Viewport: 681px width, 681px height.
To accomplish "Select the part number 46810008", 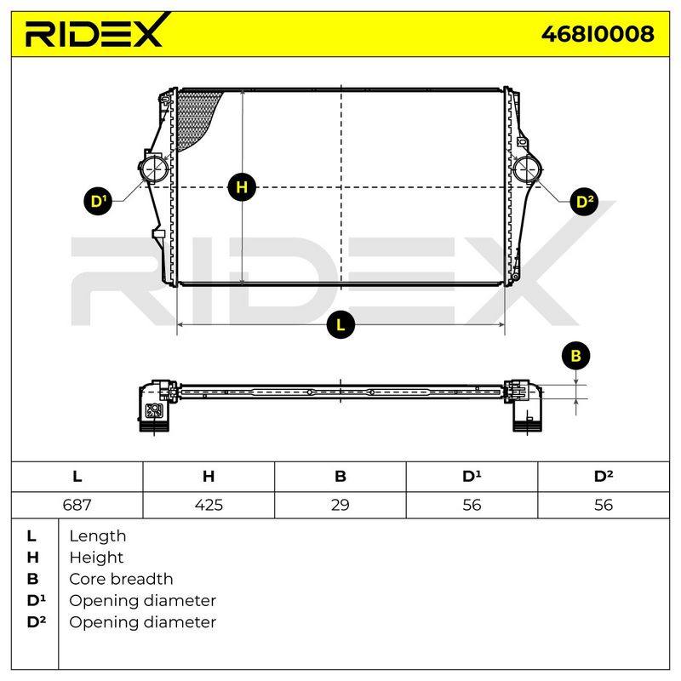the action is pos(598,34).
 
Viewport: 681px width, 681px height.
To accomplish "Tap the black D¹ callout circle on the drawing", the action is pos(98,202).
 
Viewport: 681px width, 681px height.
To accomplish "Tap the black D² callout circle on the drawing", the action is pos(584,202).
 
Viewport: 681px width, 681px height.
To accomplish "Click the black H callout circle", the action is pos(242,187).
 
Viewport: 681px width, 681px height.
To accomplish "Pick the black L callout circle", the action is pos(340,325).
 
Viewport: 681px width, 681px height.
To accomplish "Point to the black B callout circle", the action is pos(576,356).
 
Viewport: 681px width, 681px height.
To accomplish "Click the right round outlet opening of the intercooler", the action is pos(527,169).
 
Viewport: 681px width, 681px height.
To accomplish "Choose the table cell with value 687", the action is pos(77,505).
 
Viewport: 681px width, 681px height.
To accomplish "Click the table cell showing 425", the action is pos(209,505).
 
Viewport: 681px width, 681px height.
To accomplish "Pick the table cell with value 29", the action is pos(340,505).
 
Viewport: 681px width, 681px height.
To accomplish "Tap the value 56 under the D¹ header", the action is pos(472,505).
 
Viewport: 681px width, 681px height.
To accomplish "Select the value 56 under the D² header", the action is pos(604,505).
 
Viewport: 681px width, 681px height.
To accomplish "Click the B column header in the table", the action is pos(340,477).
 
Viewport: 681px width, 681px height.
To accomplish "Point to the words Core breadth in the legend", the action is pos(121,579).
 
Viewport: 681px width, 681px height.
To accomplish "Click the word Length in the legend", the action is pos(98,536).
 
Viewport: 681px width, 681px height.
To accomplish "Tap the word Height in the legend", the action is pos(96,558).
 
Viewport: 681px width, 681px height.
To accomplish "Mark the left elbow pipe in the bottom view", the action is pos(155,405).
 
